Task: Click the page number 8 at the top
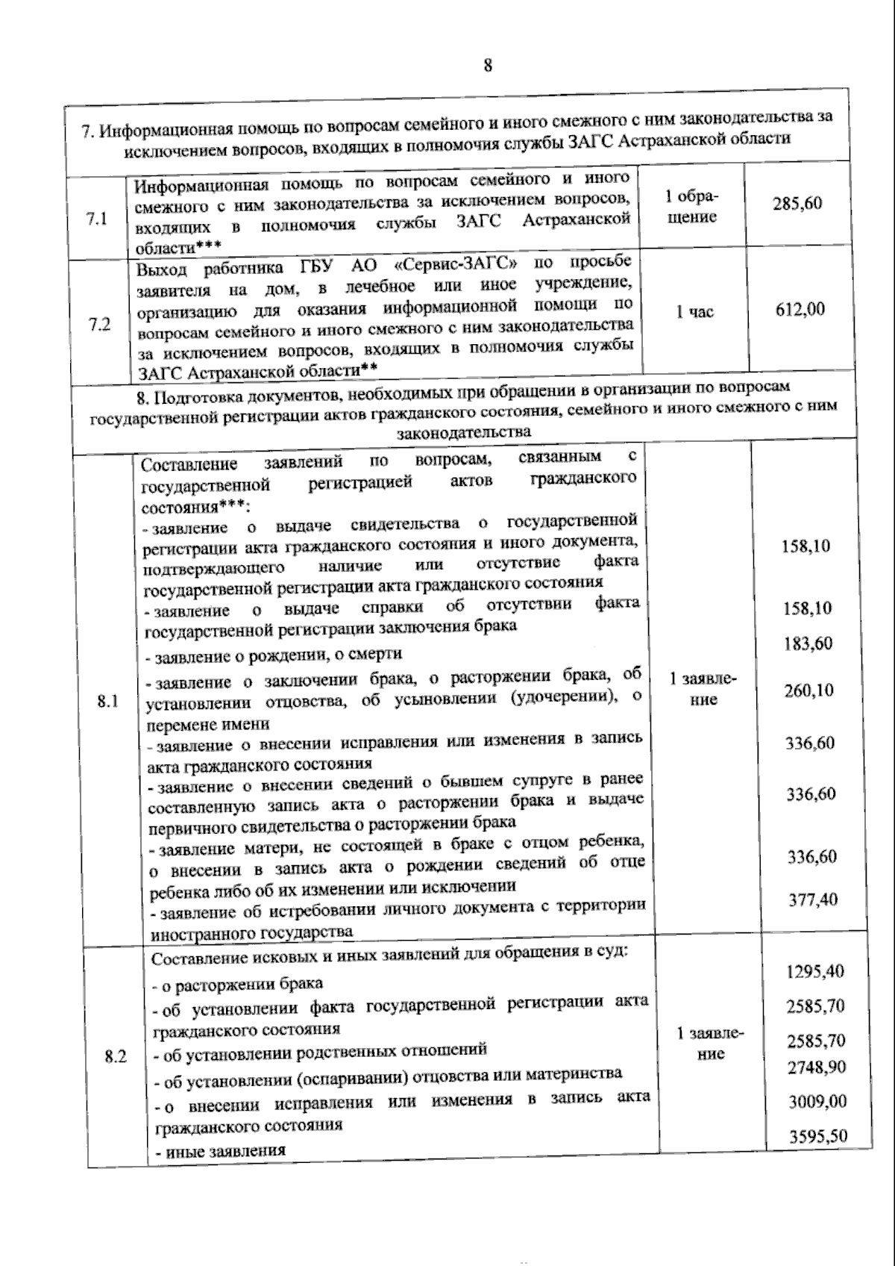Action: (488, 66)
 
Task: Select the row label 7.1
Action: (97, 219)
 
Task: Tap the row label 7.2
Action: (99, 325)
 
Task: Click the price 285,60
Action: (797, 203)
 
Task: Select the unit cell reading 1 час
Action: (694, 312)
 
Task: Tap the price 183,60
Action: (808, 643)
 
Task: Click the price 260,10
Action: (808, 690)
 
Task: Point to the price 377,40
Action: (813, 899)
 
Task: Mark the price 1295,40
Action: (815, 971)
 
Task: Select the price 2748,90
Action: (817, 1067)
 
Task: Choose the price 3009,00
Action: (817, 1101)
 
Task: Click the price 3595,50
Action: (818, 1136)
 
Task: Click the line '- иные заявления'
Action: (219, 1150)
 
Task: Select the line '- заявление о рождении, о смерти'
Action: (273, 655)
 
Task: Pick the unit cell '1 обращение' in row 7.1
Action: (692, 207)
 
